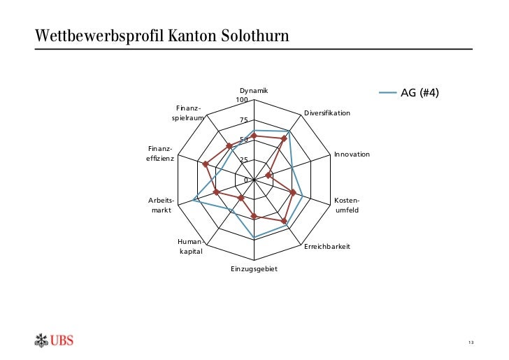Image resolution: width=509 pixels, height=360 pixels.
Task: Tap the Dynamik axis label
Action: coord(254,91)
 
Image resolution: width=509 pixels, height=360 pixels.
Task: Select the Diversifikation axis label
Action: coord(327,113)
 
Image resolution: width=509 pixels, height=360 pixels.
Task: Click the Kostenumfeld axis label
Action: coord(347,206)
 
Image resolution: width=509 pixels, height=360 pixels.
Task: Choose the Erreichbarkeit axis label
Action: coord(327,247)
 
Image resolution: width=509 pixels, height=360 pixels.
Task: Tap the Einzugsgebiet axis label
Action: coord(254,269)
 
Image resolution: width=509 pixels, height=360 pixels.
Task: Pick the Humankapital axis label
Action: coord(191,247)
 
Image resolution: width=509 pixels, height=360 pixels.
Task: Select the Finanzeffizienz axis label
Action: coord(161,154)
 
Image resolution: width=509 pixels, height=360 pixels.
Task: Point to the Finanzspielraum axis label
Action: coord(188,113)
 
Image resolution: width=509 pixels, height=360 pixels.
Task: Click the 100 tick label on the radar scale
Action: coord(242,100)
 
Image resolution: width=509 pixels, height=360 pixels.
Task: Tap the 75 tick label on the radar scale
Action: coord(244,120)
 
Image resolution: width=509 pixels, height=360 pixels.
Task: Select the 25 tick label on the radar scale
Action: coord(244,160)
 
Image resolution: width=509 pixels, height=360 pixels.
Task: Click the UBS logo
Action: coord(54,340)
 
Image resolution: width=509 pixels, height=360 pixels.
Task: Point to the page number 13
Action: coord(471,342)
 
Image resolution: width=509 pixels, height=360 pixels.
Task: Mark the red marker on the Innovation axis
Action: coord(268,175)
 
